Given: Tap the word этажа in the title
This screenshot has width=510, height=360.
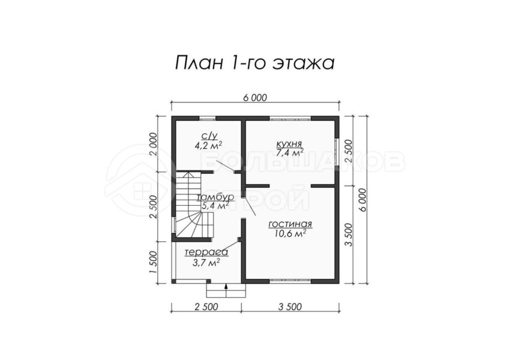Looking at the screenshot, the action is (x=303, y=64).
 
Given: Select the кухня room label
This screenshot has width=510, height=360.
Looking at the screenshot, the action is (x=289, y=143).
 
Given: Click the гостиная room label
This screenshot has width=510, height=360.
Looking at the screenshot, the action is (x=290, y=224).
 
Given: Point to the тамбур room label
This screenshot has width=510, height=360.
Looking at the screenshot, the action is (x=215, y=197).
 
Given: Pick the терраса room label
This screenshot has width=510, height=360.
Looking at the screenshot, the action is (x=206, y=253).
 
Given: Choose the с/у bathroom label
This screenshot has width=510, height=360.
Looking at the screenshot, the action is (x=208, y=136).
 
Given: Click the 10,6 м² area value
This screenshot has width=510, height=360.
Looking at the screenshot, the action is (x=290, y=233).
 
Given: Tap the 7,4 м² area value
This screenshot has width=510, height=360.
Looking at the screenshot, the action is (x=290, y=152).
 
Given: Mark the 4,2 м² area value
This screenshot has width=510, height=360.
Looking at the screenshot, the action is (x=208, y=145).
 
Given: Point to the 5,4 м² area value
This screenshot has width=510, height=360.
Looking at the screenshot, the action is (x=215, y=206).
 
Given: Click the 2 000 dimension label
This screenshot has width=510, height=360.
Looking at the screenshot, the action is (x=154, y=145).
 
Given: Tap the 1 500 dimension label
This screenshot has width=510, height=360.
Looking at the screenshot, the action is (x=154, y=262).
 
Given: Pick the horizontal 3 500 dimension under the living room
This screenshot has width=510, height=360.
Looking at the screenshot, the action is (x=290, y=307).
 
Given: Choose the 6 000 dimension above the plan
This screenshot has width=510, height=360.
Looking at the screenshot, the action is (x=255, y=98).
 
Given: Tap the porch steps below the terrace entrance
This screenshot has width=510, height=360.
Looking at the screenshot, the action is (x=226, y=290).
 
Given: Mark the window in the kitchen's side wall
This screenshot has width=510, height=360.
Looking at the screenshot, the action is (x=337, y=152).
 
